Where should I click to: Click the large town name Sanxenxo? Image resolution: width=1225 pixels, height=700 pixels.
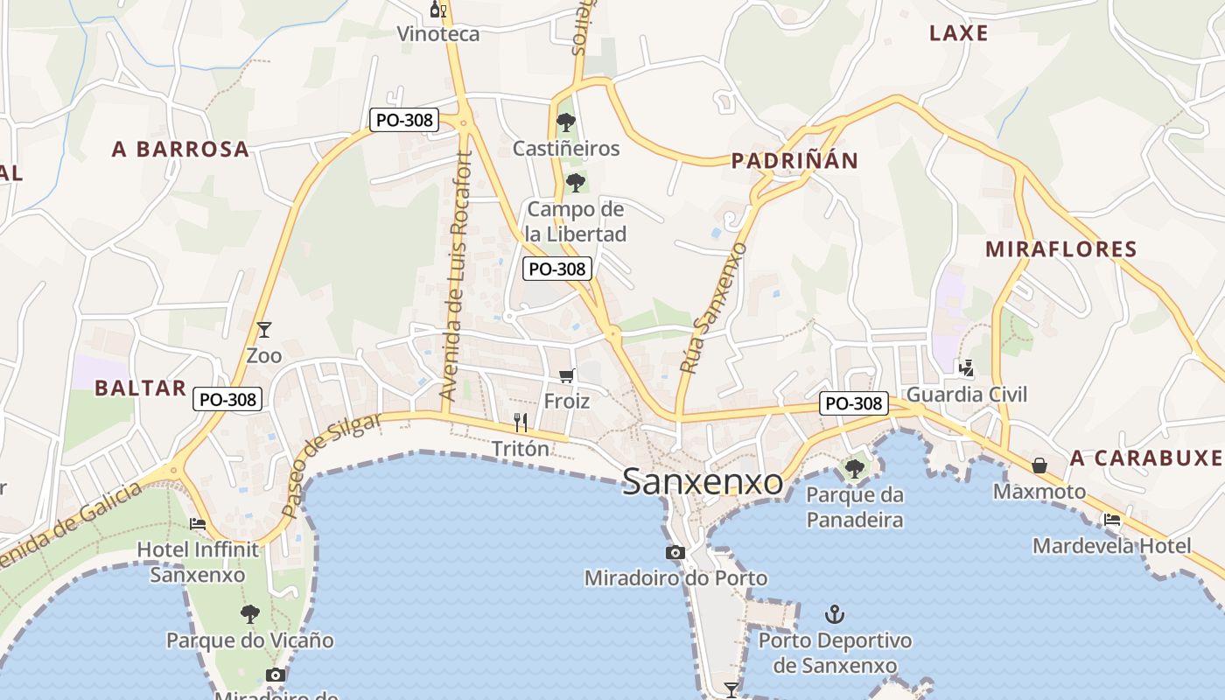[703, 482]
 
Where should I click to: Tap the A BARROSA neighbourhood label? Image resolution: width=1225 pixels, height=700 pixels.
[181, 150]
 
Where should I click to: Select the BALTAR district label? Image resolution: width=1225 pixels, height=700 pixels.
[141, 388]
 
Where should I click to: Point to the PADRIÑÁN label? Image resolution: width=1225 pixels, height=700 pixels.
[794, 161]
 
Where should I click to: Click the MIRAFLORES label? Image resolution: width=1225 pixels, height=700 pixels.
[1061, 249]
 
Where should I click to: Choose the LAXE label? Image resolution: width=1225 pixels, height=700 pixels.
[959, 34]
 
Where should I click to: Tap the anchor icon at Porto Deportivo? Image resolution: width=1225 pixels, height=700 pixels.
[835, 614]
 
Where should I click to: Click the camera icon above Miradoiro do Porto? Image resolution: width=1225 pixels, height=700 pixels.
[675, 552]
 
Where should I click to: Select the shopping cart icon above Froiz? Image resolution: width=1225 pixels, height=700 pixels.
[566, 375]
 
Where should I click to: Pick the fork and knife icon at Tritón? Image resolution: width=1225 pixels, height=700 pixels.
[521, 423]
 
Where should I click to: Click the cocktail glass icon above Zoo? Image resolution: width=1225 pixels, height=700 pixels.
[264, 330]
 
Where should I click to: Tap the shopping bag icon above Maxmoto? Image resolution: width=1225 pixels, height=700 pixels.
[1039, 465]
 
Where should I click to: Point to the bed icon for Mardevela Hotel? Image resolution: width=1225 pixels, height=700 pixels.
[1112, 520]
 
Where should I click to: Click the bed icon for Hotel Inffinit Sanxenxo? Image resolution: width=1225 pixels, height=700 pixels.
[198, 524]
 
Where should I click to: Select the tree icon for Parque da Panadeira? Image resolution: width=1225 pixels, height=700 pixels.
[854, 469]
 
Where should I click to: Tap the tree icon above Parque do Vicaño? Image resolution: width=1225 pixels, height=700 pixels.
[250, 613]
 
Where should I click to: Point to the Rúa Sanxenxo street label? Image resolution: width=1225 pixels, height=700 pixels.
[714, 308]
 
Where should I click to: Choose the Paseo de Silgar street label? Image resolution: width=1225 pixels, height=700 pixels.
[332, 464]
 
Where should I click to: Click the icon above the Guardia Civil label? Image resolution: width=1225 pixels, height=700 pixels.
[966, 368]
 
